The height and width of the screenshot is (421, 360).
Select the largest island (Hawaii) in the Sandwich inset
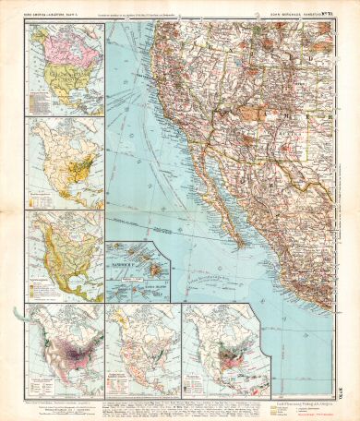pyautogui.click(x=154, y=270)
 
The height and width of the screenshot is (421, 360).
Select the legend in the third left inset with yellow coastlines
pyautogui.click(x=42, y=284)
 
